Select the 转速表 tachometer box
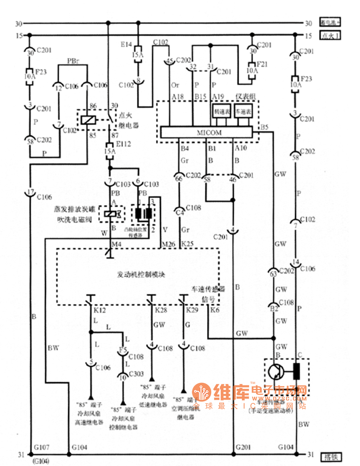coord(222,112)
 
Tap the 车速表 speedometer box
coord(243,112)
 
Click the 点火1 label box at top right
coord(330,36)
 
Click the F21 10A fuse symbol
coord(252,70)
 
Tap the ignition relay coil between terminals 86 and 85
coord(87,119)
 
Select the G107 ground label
coord(41,447)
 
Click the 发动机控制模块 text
coord(141,274)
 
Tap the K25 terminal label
coord(187,244)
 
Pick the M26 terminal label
coord(168,244)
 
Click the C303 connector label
coord(136,374)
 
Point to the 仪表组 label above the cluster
coord(246,96)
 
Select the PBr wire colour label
coord(73,61)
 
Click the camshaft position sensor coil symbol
coord(143,214)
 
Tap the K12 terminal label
coord(100,310)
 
